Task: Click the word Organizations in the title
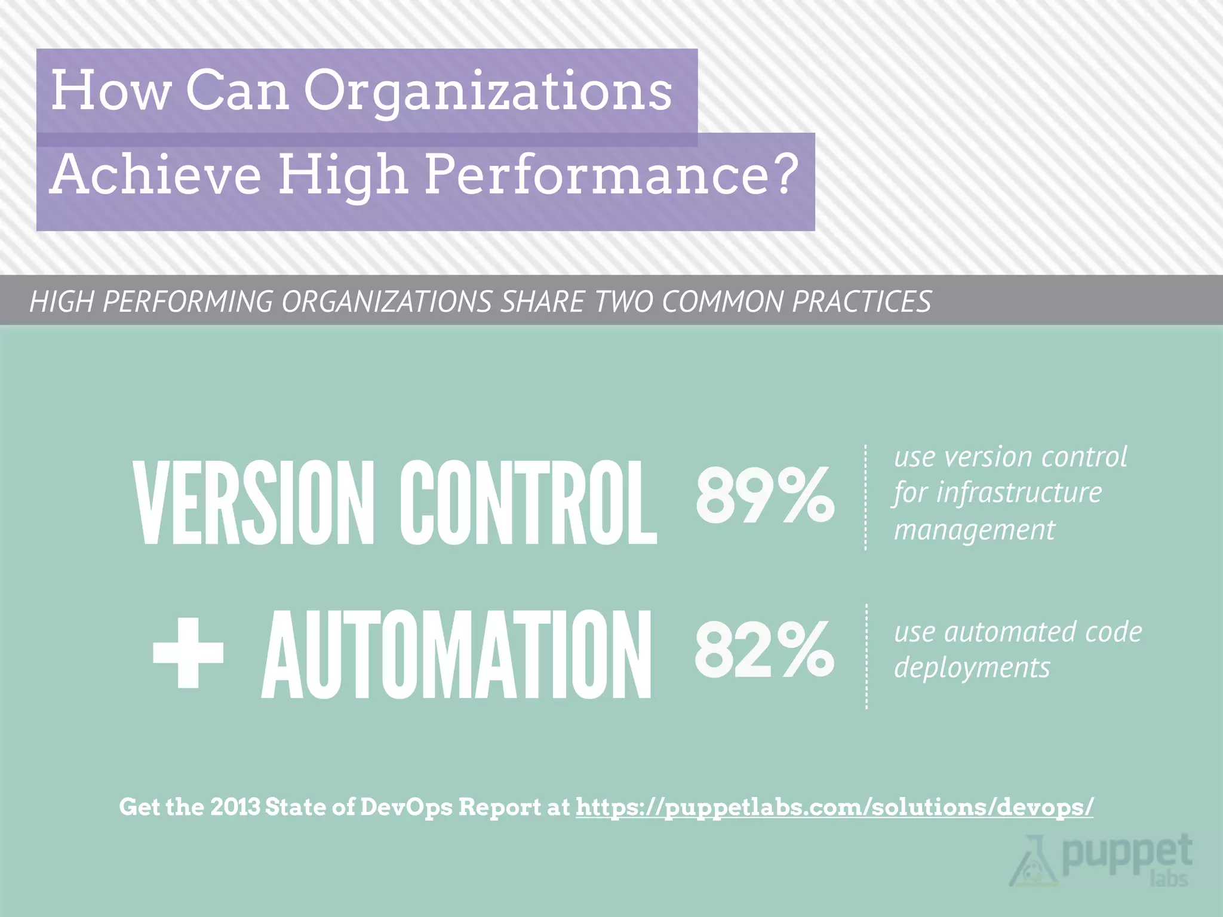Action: click(488, 91)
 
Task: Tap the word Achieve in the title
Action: click(156, 174)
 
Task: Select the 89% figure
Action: click(765, 495)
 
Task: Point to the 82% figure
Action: click(764, 649)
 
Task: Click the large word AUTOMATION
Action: click(457, 655)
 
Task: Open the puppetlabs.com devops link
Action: click(834, 807)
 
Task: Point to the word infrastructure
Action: click(1019, 493)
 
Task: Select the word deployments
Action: click(972, 667)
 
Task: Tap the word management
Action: click(974, 530)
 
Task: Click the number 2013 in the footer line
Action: click(235, 807)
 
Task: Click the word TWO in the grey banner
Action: click(623, 301)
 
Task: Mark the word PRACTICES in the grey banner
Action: click(862, 301)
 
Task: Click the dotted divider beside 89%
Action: click(865, 497)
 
